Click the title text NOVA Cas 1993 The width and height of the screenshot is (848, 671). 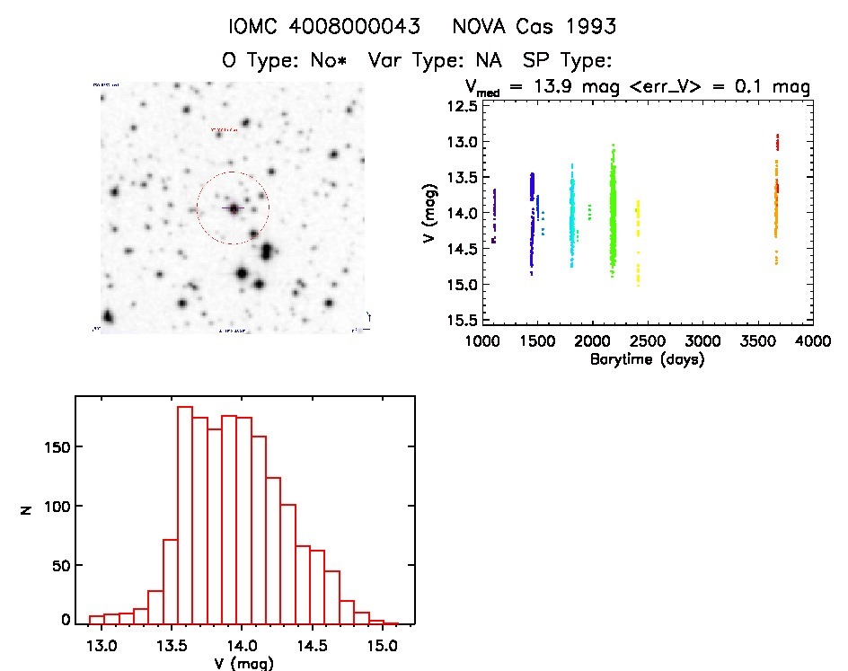(x=534, y=27)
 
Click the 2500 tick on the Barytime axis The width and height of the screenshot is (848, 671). (x=647, y=340)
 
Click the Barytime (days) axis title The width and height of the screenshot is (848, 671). (x=647, y=359)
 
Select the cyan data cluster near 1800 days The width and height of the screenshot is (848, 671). (x=572, y=220)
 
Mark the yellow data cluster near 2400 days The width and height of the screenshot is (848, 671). (x=638, y=238)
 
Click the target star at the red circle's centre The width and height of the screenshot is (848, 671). (x=234, y=208)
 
